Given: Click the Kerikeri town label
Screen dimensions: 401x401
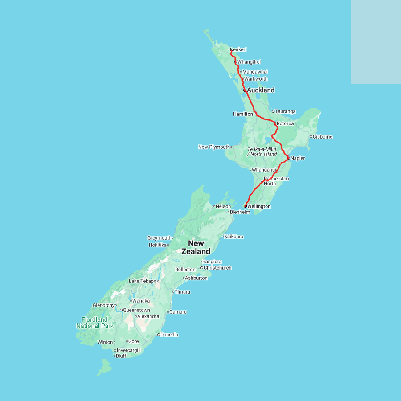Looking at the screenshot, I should click(x=238, y=49).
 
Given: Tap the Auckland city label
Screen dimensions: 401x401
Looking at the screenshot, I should click(x=261, y=90).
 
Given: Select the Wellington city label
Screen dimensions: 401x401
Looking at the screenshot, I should click(x=259, y=206).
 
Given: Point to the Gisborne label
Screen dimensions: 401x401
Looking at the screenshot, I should click(x=323, y=137).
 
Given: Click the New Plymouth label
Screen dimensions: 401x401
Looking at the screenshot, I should click(x=214, y=147).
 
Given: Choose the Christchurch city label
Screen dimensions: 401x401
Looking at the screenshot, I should click(x=217, y=268).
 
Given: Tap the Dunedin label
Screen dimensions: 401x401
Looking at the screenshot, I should click(x=169, y=335).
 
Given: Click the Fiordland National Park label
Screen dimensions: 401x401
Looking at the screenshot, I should click(x=94, y=323).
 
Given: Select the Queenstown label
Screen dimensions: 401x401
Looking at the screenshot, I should click(x=136, y=310).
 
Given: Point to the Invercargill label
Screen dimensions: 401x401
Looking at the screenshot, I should click(x=128, y=350).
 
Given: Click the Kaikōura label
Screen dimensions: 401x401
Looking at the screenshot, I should click(x=233, y=237).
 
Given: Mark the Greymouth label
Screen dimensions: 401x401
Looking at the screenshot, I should click(x=160, y=238).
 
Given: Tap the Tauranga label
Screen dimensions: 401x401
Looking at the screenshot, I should click(x=285, y=111).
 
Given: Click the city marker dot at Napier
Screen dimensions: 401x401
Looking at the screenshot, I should click(x=289, y=158).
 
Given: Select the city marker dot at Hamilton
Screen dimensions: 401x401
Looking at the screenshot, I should click(x=255, y=114).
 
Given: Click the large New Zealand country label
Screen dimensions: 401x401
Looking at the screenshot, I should click(x=196, y=247).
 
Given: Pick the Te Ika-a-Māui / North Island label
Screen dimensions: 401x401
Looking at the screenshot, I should click(x=262, y=151).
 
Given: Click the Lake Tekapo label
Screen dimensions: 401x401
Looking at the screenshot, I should click(x=143, y=281).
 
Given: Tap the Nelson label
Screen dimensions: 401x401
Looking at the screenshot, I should click(x=223, y=206).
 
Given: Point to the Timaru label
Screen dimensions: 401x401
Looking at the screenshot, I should click(x=182, y=292).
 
